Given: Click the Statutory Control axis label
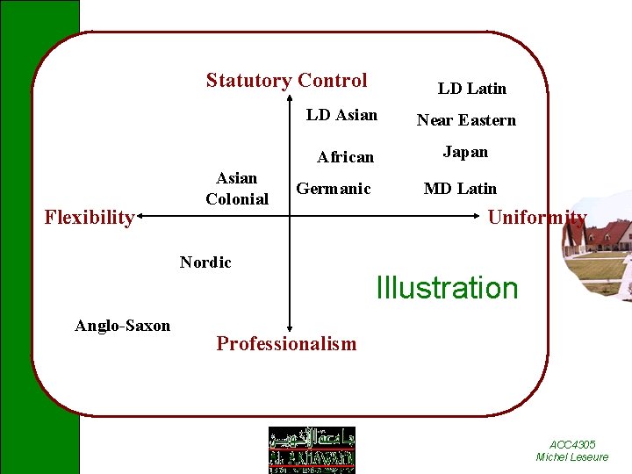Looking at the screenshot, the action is coord(286,81).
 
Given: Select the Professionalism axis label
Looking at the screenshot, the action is coord(286,343).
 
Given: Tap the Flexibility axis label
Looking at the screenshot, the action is coord(89,217).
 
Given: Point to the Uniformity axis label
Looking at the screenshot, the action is coord(536,217).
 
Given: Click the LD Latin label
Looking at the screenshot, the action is coord(472,88).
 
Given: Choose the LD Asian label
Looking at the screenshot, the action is coord(341,115).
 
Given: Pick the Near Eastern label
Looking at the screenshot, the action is coord(466,120).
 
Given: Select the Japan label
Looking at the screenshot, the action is coord(465,152).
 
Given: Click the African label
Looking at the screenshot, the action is coord(345,157).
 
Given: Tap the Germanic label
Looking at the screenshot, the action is coord(334,189).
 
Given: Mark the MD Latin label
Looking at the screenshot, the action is coord(460,189).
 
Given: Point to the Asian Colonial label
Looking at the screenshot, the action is coord(237,189).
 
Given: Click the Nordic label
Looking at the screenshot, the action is coord(205,262).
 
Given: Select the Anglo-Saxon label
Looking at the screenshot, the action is coord(123,326).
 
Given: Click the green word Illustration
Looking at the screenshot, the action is coord(447,288).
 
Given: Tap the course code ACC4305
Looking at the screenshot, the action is coord(572,445).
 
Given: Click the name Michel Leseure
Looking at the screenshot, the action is coord(572,457).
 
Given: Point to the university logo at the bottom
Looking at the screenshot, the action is coord(312,449).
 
